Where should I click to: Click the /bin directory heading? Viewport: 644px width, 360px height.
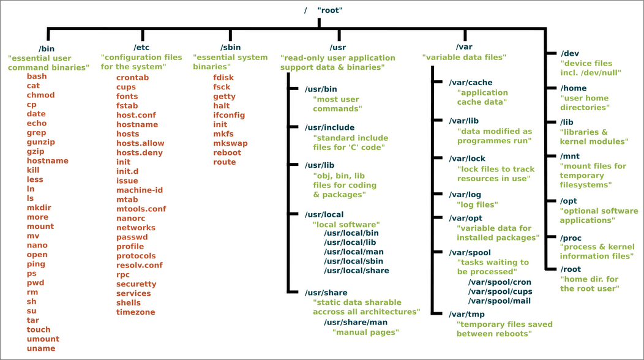point(47,48)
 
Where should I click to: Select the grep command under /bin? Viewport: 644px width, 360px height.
point(36,133)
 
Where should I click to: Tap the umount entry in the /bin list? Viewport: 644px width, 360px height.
point(43,339)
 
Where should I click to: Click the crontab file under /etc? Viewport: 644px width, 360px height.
point(132,78)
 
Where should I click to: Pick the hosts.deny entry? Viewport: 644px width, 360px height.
point(140,152)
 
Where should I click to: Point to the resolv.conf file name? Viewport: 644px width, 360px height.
point(140,265)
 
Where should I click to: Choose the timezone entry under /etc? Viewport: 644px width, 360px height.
point(135,312)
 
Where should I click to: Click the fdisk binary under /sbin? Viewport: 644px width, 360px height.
point(223,78)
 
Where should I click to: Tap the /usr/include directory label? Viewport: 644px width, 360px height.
point(329,127)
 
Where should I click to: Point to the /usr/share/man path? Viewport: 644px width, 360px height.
point(356,322)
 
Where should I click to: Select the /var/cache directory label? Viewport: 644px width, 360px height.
point(470,83)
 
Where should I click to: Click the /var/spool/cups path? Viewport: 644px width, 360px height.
point(500,291)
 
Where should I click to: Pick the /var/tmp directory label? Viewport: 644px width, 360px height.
point(466,314)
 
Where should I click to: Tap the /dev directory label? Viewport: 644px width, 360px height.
point(570,53)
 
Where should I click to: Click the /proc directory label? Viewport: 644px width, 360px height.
point(572,238)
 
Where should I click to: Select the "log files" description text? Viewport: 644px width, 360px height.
point(477,204)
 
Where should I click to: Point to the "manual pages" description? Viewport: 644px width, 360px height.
point(365,332)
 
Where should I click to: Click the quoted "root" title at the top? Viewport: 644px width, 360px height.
point(330,10)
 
